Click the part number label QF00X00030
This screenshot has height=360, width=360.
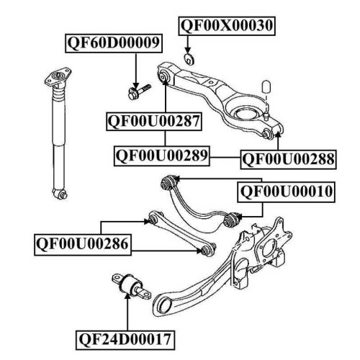(227, 26)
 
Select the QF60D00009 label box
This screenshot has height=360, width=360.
(114, 43)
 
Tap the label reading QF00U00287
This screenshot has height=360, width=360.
(154, 121)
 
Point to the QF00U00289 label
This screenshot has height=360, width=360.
(162, 156)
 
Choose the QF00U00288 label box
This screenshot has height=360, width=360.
(288, 160)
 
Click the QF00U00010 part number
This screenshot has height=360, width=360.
(286, 192)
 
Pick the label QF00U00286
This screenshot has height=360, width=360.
(83, 245)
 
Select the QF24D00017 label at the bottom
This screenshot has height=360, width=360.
(125, 340)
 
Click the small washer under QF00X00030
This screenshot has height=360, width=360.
(189, 59)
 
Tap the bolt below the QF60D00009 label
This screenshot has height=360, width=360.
(140, 91)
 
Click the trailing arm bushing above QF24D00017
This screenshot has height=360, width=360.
(132, 287)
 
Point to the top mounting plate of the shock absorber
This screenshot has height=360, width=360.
(58, 77)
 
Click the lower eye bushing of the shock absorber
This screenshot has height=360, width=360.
(60, 194)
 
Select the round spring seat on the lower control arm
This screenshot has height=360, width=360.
(245, 114)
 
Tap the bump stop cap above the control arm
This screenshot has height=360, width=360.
(266, 86)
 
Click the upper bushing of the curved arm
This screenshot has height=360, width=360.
(169, 182)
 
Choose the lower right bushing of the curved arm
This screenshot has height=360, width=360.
(231, 220)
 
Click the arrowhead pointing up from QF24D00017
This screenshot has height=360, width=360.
(127, 295)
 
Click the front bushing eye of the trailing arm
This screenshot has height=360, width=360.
(163, 306)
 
